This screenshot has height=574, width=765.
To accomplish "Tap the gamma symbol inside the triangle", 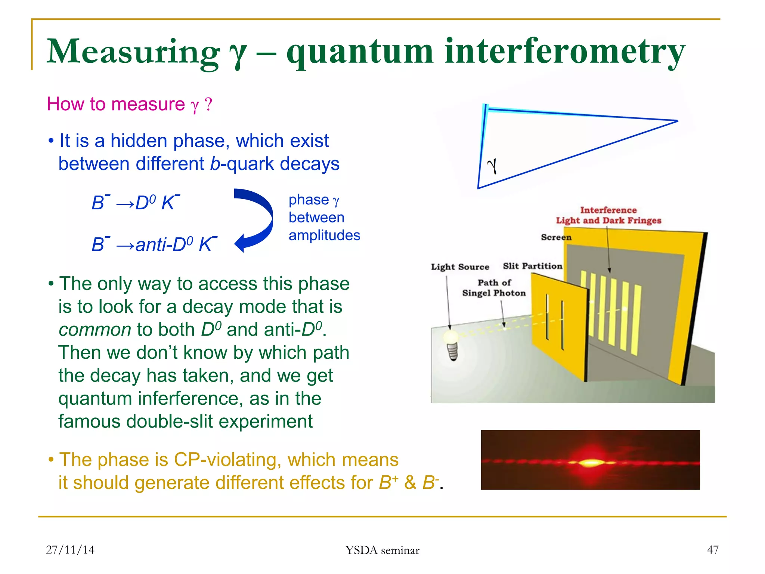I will pos(492,166).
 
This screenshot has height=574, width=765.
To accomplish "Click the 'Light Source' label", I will pos(460,267).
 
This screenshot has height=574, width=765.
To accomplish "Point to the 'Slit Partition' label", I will pos(532,266).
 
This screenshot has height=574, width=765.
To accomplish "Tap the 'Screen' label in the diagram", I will pos(556,237).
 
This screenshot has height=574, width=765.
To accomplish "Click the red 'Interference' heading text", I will pos(608,210).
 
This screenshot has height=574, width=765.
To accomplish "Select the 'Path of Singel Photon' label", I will pos(494,288).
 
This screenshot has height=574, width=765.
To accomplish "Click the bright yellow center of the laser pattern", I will pos(590,463).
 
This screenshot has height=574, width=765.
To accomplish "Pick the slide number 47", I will pos(713,550).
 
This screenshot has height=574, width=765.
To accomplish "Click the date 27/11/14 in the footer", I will pos(70,550).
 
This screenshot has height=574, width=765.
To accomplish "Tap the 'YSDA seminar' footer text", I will pos(382,550).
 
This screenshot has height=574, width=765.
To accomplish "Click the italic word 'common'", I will pos(95,330).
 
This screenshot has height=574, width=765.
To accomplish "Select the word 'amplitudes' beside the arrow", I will pos(324,235).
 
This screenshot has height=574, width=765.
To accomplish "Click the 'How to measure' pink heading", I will pos(116,104).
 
